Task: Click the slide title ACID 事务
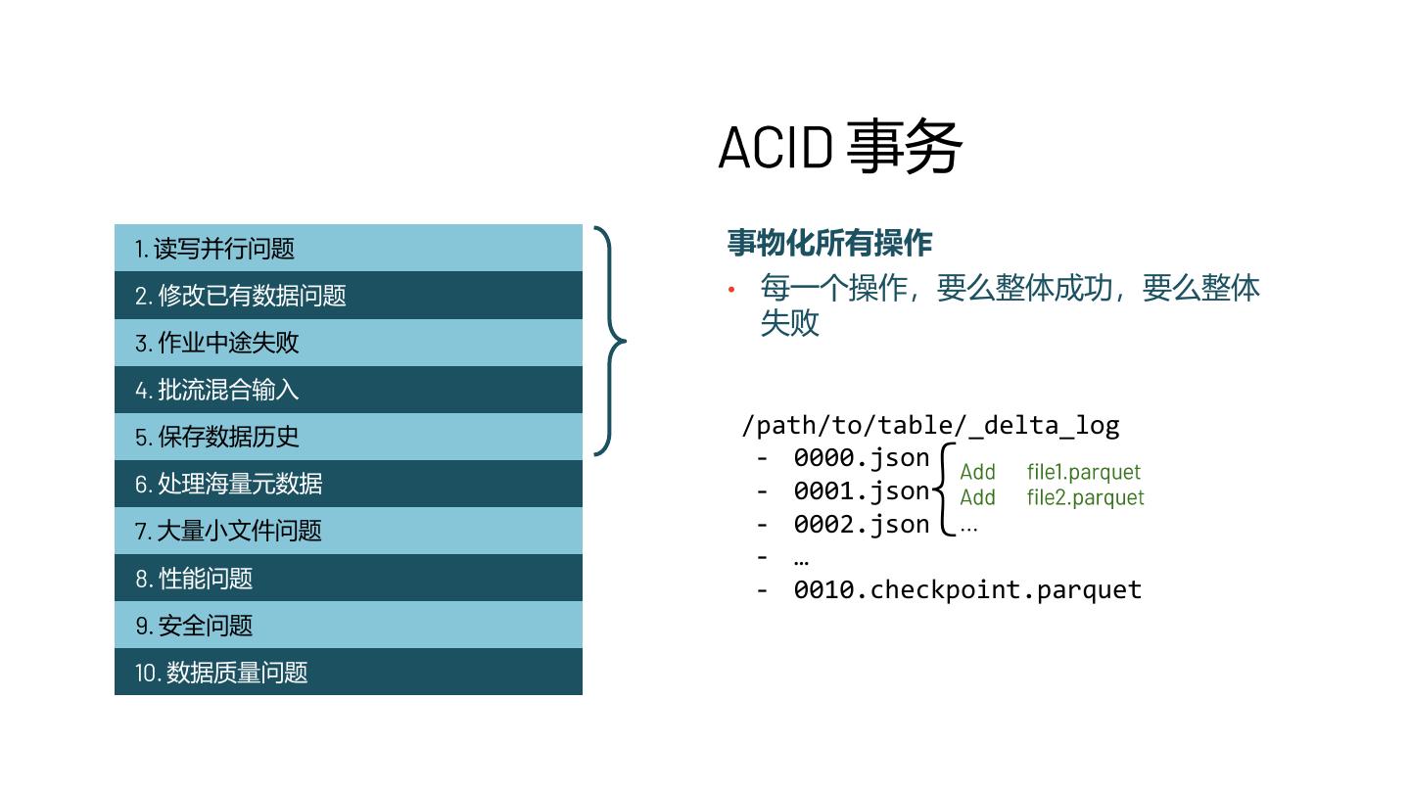point(840,148)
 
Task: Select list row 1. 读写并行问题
point(348,249)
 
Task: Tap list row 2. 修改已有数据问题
point(348,296)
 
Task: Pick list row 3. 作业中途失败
point(348,343)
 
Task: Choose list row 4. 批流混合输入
point(348,390)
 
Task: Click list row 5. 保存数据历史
point(348,437)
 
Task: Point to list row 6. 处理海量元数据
point(348,484)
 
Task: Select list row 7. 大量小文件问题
point(348,531)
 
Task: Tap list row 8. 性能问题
point(348,578)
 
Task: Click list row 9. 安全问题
point(348,625)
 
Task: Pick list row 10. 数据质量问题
point(348,672)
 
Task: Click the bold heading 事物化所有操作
point(829,242)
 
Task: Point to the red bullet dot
point(730,289)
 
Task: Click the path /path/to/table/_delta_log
point(930,425)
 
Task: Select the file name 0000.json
point(861,457)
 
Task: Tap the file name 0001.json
point(861,490)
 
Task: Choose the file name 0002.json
point(861,524)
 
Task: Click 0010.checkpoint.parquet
point(967,589)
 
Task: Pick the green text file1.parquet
point(1084,473)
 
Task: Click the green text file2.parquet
point(1085,497)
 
